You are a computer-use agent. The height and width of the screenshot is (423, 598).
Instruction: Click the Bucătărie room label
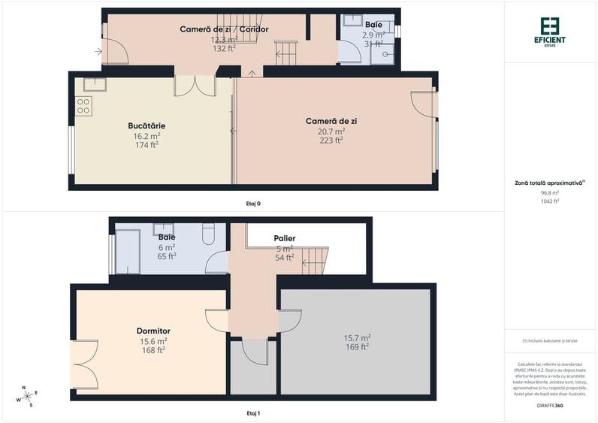click(x=146, y=125)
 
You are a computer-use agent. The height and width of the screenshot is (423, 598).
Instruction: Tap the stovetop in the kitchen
click(x=83, y=106)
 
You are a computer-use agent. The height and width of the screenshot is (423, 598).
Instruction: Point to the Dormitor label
click(x=153, y=331)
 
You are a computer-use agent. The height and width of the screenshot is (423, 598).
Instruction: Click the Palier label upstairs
click(x=284, y=238)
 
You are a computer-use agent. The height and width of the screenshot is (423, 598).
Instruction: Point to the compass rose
click(x=28, y=396)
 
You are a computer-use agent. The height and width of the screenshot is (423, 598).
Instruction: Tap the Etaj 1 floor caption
click(x=253, y=413)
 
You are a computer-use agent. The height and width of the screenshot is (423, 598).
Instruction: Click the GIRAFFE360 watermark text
click(x=550, y=406)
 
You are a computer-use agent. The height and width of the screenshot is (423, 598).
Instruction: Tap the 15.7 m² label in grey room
click(x=357, y=337)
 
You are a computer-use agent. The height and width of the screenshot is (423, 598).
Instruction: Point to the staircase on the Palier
click(x=315, y=260)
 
